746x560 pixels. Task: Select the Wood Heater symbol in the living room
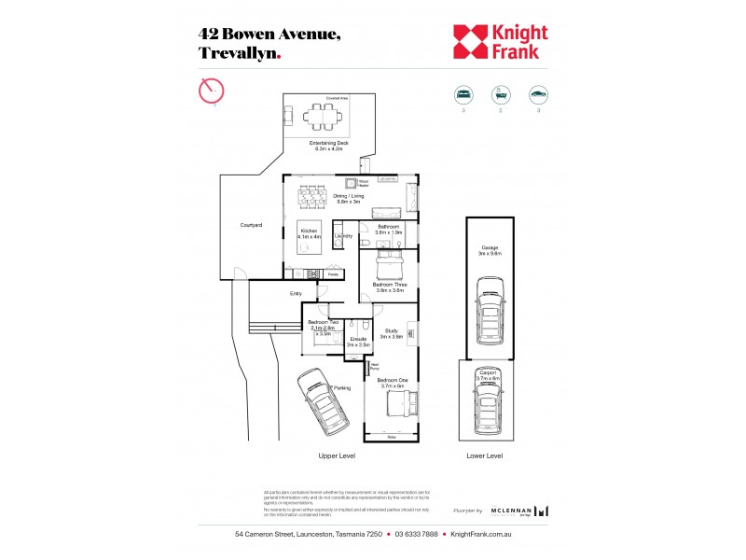pos(352,184)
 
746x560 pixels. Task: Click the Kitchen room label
pos(310,233)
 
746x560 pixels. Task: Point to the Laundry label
pos(342,236)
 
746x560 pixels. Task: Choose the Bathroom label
pos(388,228)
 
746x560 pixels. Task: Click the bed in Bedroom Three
pos(389,268)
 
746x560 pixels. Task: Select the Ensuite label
pos(358,342)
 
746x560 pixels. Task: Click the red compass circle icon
pos(213,91)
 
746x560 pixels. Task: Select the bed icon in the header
pos(462,94)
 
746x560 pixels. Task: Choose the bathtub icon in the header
pos(501,94)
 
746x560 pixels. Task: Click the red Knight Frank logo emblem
pos(469,41)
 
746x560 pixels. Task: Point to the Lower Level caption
pos(484,455)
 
